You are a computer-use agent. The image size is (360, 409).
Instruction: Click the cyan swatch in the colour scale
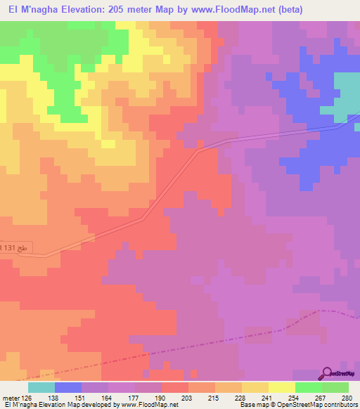click(x=41, y=387)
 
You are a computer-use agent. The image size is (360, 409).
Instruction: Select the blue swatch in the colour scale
click(x=67, y=387)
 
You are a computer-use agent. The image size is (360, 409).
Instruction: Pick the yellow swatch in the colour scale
click(x=255, y=387)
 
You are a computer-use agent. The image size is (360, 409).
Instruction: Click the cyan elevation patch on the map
click(x=347, y=95)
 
